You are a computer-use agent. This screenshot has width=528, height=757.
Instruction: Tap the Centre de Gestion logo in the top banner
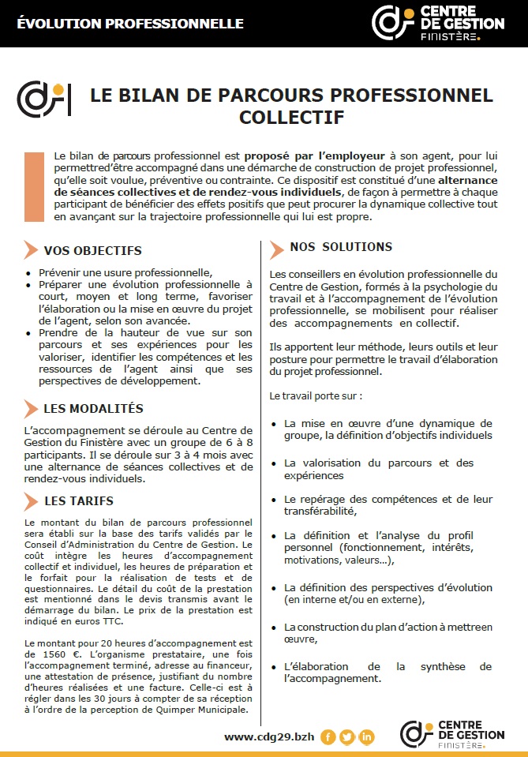437,23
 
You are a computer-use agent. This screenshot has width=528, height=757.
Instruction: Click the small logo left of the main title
44,98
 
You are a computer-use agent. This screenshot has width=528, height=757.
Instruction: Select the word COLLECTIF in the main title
291,118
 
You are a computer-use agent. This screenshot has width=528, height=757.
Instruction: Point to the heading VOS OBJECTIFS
93,251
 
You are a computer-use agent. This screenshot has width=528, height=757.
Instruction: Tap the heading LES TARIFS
79,501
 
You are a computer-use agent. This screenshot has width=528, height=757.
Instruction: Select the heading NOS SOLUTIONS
341,247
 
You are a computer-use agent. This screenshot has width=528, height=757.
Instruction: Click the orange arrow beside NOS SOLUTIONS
276,249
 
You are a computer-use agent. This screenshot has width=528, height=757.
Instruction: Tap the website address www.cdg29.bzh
269,736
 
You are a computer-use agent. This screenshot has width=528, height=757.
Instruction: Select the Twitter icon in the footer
347,737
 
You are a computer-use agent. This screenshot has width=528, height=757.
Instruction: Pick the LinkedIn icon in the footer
367,737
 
